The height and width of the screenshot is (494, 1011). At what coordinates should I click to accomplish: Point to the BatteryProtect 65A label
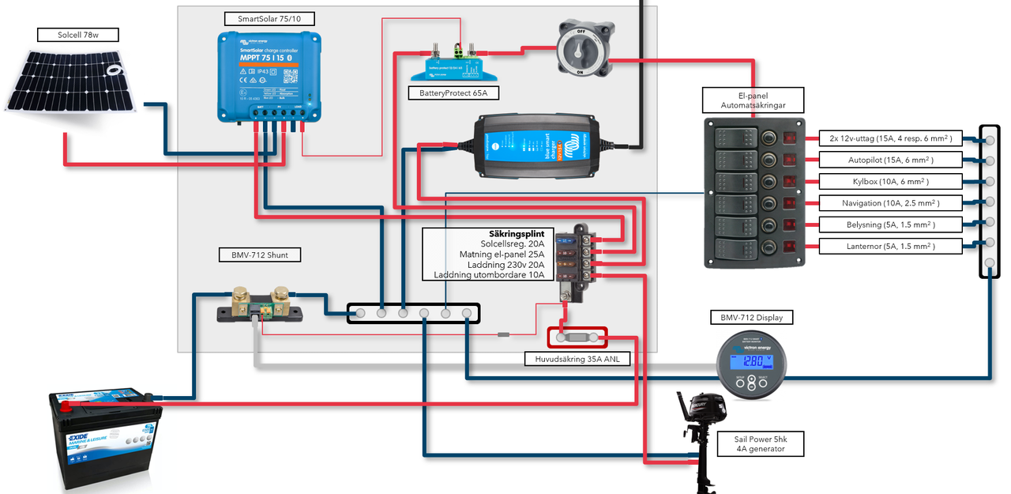pyautogui.click(x=453, y=92)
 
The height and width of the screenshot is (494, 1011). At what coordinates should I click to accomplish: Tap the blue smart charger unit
pyautogui.click(x=536, y=145)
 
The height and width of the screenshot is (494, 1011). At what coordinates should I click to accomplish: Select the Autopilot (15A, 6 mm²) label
pyautogui.click(x=891, y=160)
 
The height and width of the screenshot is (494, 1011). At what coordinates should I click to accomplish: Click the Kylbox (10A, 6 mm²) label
pyautogui.click(x=891, y=181)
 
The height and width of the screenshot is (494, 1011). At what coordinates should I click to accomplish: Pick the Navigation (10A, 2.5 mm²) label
pyautogui.click(x=891, y=203)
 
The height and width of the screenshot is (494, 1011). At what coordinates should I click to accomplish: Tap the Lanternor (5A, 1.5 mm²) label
pyautogui.click(x=891, y=246)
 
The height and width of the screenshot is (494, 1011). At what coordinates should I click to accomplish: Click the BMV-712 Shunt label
pyautogui.click(x=259, y=255)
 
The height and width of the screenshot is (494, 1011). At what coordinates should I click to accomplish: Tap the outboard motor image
pyautogui.click(x=697, y=435)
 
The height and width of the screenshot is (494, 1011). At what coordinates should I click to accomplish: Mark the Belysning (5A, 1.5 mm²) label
pyautogui.click(x=891, y=224)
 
